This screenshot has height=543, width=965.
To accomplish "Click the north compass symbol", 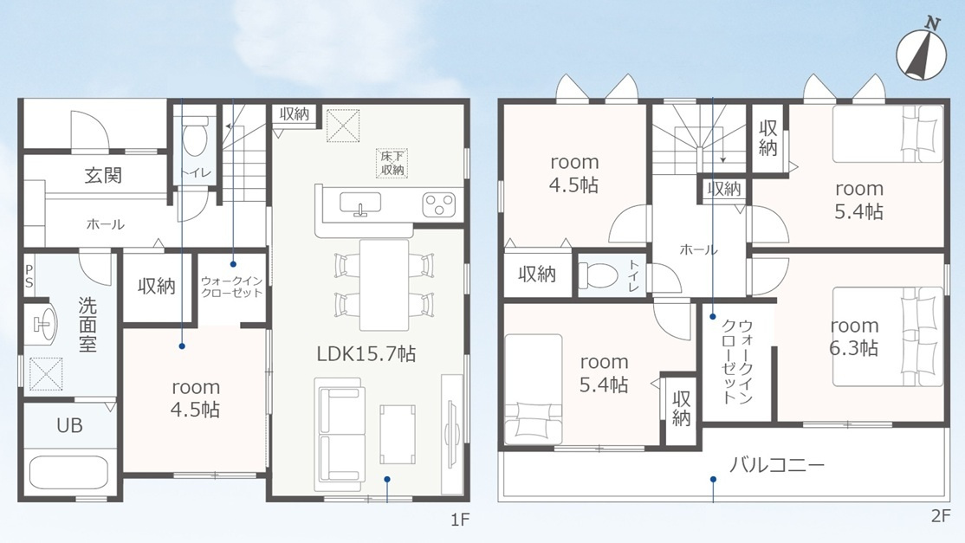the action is click(921, 53).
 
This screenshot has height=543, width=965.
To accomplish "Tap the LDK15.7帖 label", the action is click(366, 353).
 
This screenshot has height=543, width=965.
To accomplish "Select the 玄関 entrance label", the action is click(103, 175).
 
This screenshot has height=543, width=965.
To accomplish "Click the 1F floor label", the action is click(460, 520).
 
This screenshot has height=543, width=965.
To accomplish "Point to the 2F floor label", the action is click(941, 516).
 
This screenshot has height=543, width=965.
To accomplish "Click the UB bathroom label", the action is click(69, 425).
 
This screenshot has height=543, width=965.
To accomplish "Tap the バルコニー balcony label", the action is click(777, 464).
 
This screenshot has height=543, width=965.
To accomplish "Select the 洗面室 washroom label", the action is click(87, 324).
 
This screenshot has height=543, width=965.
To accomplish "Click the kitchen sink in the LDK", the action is click(360, 204).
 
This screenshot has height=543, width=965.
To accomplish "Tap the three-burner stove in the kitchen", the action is click(439, 204).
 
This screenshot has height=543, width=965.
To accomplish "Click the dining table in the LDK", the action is click(384, 285).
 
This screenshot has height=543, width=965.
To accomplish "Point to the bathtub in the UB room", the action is click(69, 472).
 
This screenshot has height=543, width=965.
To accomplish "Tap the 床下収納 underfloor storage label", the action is click(392, 164).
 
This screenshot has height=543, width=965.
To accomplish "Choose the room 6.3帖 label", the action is click(853, 336).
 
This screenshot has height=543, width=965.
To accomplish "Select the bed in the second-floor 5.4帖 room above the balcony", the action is click(534, 389).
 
